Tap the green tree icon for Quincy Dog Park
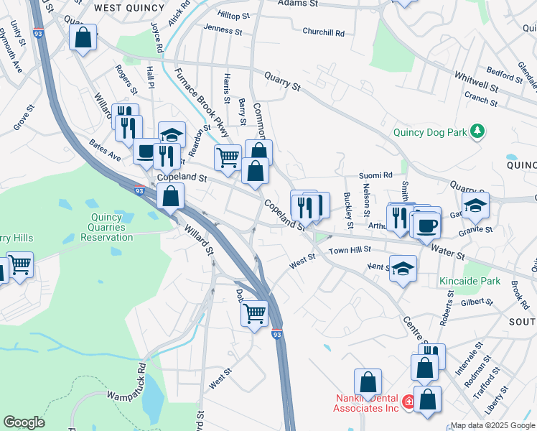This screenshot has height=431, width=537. point(476,131)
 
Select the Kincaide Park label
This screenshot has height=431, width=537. point(470,281)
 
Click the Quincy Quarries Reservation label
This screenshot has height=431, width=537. point(108,223)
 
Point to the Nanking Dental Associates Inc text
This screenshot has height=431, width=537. point(367,403)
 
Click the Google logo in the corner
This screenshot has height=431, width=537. point(24,422)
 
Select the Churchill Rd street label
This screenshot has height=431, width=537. point(323,32)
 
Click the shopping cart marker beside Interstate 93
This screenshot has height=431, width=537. point(254,313)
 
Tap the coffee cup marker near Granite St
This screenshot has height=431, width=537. point(427,226)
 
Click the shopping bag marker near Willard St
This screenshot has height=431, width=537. point(170,195)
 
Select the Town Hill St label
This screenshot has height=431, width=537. point(350,250)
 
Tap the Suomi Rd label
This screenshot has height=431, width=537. point(375,175)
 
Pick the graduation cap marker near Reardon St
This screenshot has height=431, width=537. point(172,134)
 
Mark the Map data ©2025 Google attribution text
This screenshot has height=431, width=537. point(492,425)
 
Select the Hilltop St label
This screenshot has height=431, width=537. point(234,14)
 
